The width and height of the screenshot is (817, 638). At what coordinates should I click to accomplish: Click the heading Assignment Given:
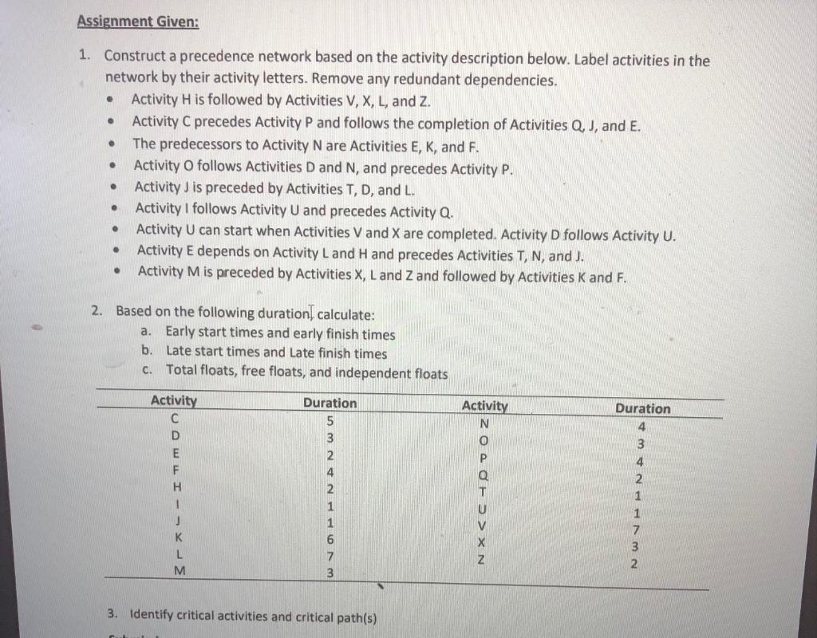(x=138, y=22)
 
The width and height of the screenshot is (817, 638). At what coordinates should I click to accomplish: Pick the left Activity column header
(x=174, y=400)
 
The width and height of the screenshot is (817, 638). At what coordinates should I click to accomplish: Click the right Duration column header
(x=642, y=408)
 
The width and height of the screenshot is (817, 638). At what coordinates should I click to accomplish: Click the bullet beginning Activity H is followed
(x=274, y=101)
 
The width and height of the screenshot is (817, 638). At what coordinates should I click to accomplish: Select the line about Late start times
(x=276, y=352)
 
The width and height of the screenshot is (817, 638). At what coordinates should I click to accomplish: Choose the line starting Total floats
(x=306, y=372)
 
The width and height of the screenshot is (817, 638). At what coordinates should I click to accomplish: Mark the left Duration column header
(x=330, y=403)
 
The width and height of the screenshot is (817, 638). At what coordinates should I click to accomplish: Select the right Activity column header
(x=485, y=406)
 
